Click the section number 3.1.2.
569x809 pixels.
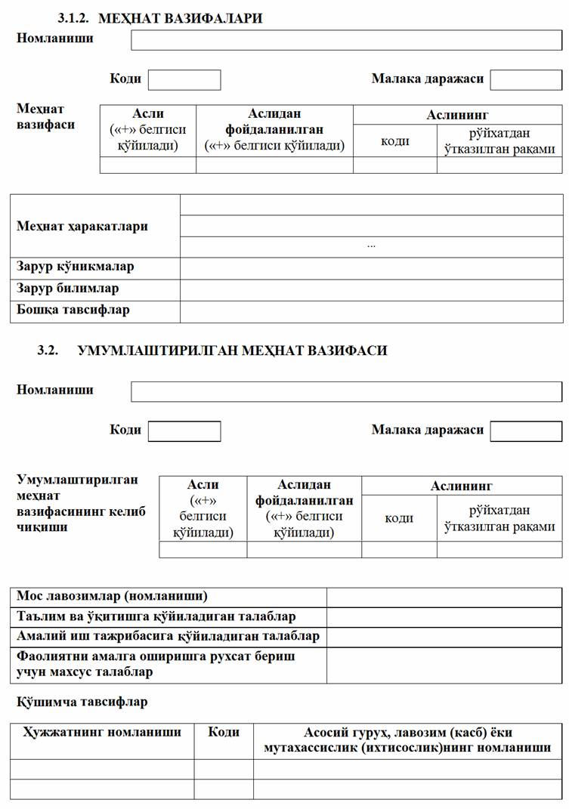[x=74, y=18]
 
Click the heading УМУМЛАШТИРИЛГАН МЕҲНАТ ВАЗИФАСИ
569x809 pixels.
[x=232, y=350]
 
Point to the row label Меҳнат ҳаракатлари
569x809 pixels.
[x=82, y=226]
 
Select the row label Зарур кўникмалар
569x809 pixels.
[x=76, y=267]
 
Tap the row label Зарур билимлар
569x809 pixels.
[x=68, y=288]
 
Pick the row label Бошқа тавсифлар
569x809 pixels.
[x=73, y=310]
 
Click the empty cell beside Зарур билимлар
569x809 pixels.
[x=370, y=289]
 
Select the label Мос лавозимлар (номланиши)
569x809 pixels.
[x=112, y=596]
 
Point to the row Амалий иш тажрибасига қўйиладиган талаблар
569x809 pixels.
[x=168, y=636]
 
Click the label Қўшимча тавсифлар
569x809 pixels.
[x=82, y=702]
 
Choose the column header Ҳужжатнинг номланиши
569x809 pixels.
[x=103, y=732]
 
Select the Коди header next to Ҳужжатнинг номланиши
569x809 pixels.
[x=224, y=732]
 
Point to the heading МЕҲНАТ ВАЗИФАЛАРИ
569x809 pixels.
[x=180, y=18]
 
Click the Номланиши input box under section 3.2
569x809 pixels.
[x=346, y=391]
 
